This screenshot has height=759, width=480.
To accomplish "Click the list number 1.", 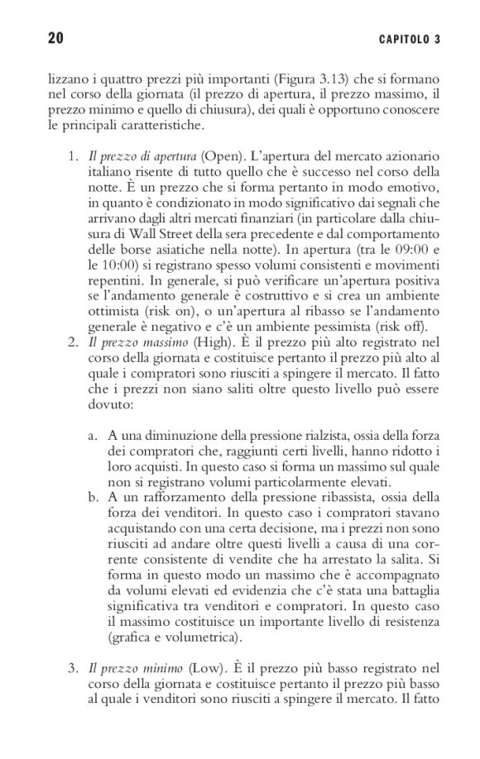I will [73, 157].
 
